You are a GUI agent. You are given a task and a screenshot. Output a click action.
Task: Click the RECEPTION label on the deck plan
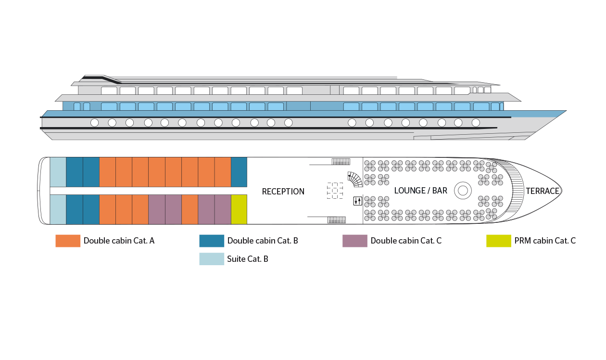(x=283, y=192)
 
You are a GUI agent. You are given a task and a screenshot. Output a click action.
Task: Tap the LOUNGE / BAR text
(x=420, y=191)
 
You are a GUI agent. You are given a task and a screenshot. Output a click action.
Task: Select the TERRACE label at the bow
(x=542, y=191)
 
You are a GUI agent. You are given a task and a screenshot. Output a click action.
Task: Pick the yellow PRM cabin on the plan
(x=239, y=209)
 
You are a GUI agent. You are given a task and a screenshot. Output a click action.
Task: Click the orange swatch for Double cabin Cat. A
(x=68, y=241)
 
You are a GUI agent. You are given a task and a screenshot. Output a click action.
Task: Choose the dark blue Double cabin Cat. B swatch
(x=212, y=241)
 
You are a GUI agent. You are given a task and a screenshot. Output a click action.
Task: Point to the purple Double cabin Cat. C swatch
(x=355, y=241)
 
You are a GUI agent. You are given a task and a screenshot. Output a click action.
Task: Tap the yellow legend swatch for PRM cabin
(x=498, y=241)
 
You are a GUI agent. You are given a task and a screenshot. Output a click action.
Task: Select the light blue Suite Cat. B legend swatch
(x=212, y=259)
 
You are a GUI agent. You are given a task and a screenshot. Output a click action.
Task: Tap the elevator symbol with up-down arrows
(x=357, y=201)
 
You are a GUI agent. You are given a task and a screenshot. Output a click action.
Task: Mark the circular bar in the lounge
(x=463, y=191)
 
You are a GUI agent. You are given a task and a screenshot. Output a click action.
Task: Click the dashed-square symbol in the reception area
(x=335, y=191)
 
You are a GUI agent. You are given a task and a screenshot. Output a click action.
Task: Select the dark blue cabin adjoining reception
(x=239, y=172)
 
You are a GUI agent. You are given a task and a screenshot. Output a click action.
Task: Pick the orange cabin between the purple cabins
(x=189, y=209)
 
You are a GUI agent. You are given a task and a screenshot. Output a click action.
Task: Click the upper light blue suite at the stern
(x=58, y=172)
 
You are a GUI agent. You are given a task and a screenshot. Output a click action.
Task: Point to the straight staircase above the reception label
(x=341, y=161)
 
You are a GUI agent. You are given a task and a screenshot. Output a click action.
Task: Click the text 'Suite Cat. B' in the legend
(x=248, y=259)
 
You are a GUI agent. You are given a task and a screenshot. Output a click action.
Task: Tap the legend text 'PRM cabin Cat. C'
(x=545, y=241)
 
